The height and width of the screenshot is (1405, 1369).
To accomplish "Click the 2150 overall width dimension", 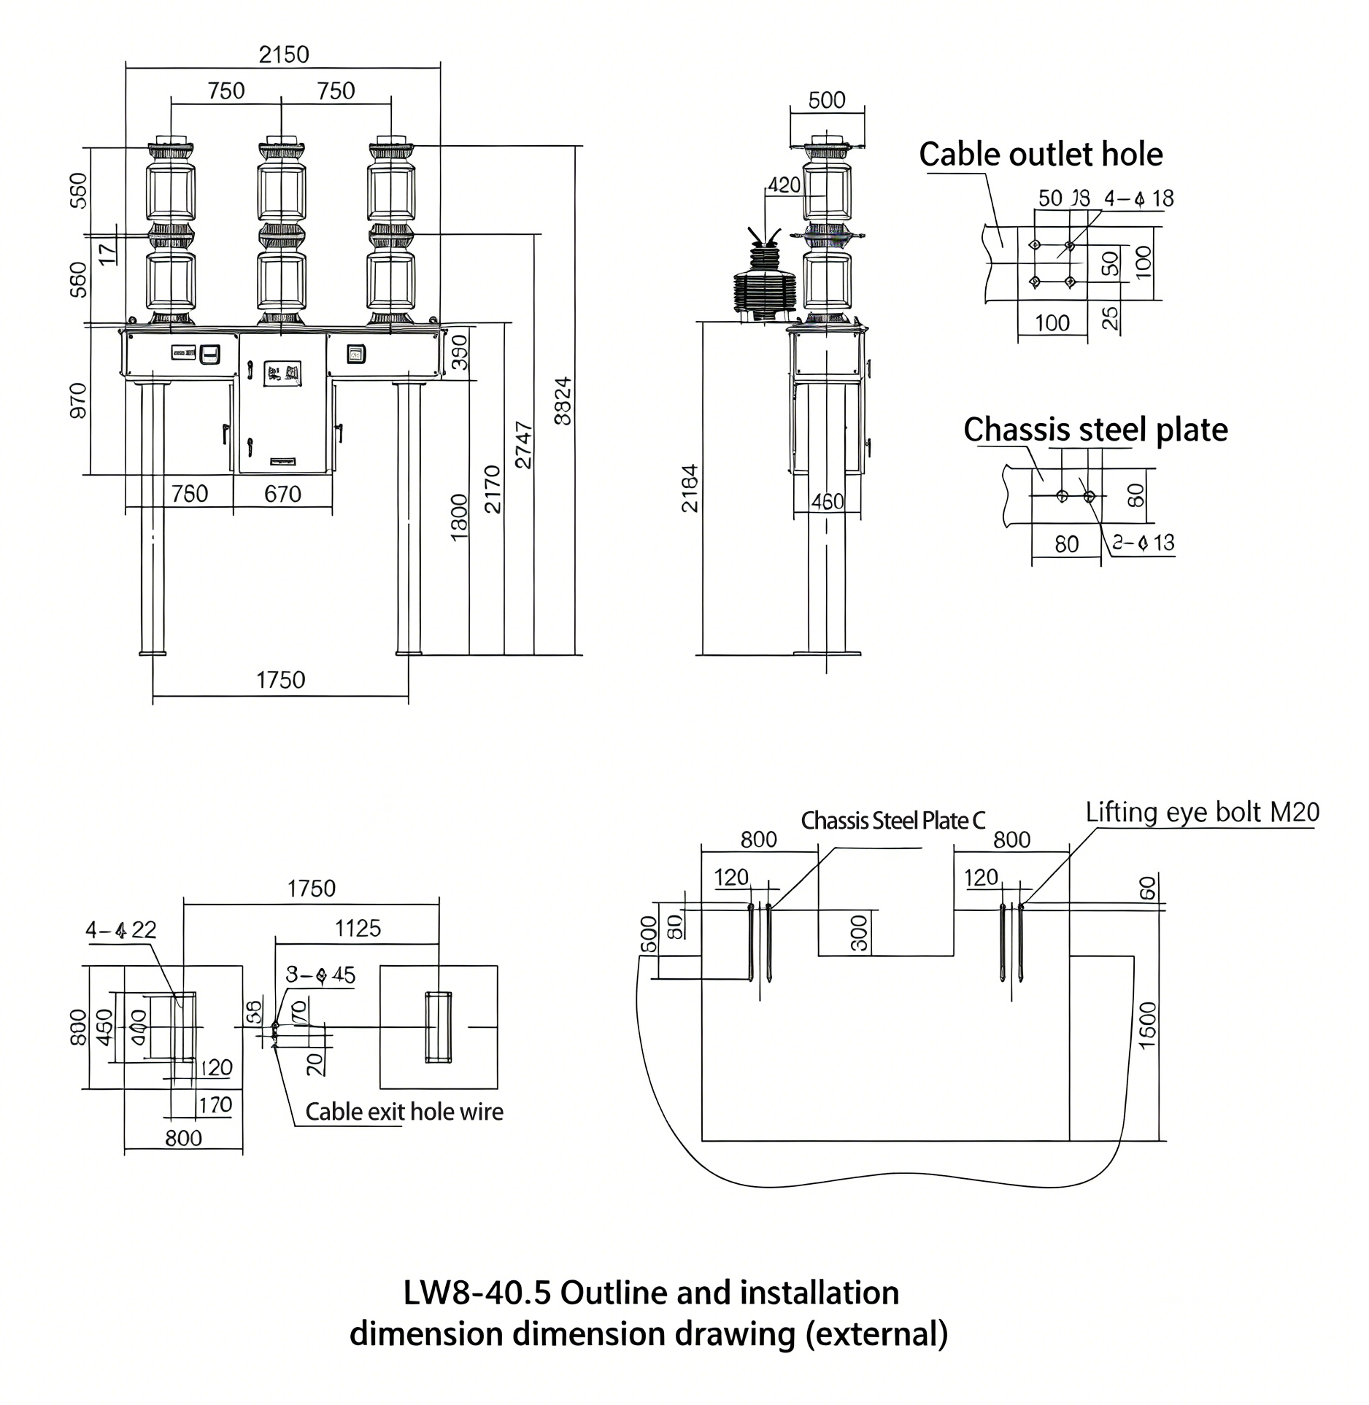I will click(x=284, y=55).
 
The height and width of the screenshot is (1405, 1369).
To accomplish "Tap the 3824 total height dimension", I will click(x=563, y=400).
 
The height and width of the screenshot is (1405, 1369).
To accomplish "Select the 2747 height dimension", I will click(x=523, y=444).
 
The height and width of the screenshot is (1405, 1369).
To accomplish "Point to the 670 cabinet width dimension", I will click(x=282, y=495).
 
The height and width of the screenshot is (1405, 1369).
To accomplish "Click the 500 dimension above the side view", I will click(x=827, y=100).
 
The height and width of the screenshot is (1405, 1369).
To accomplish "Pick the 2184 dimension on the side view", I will click(x=690, y=488).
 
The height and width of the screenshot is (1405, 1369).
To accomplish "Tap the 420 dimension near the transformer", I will click(x=784, y=185).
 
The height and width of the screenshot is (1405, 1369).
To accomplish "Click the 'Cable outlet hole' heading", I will click(x=1040, y=155).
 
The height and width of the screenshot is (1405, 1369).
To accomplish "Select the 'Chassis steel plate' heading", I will click(x=1095, y=430).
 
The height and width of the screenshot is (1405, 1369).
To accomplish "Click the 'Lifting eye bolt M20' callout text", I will click(x=1202, y=813).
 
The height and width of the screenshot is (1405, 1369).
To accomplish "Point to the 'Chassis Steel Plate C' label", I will click(x=892, y=821).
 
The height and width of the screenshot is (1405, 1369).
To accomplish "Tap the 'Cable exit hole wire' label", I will click(x=404, y=1112).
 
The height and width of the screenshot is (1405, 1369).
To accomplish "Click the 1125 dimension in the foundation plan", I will click(x=358, y=929).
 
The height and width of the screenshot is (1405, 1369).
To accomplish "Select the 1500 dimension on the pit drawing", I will click(x=1147, y=1025).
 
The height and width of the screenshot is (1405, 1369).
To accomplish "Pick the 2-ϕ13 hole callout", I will click(x=1143, y=543).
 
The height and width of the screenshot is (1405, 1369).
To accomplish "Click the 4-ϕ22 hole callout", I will click(x=120, y=930).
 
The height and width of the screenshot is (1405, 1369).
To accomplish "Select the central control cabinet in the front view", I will click(x=282, y=403).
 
